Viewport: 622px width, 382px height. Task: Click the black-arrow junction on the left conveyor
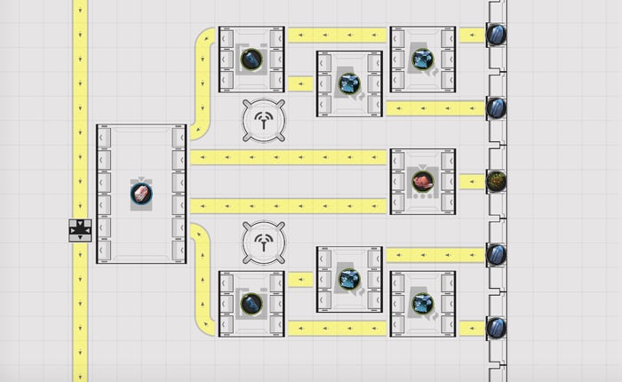tap(80, 230)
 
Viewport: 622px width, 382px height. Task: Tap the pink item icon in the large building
tap(141, 194)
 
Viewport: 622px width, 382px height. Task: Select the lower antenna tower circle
tap(264, 242)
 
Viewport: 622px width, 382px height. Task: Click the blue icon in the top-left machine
tap(251, 60)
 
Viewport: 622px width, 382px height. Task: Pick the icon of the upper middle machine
tap(349, 84)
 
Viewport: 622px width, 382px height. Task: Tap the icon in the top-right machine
tap(422, 60)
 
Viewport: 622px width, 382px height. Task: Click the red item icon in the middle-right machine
tap(422, 181)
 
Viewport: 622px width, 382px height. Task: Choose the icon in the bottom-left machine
tap(251, 304)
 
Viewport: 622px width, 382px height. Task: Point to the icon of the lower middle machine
tap(349, 279)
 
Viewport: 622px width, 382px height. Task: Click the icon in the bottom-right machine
tap(422, 304)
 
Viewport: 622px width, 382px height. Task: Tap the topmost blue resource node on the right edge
tap(497, 35)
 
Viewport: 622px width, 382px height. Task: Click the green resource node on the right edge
tap(497, 181)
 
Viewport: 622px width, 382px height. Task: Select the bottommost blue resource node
tap(497, 328)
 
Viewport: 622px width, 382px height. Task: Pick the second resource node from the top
tap(497, 108)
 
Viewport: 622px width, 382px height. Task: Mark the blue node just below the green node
tap(497, 255)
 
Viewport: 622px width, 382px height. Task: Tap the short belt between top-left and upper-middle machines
tap(300, 84)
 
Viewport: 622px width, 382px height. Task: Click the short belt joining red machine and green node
tap(471, 181)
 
